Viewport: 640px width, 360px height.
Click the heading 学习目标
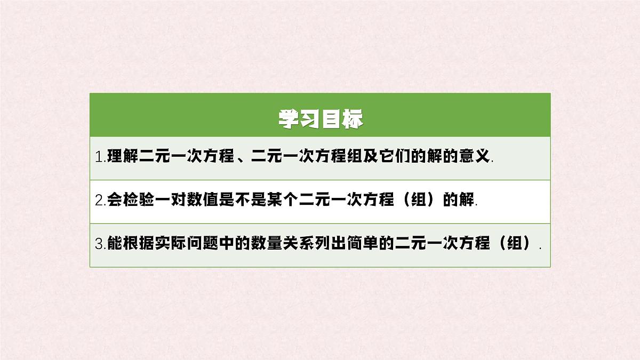click(320, 119)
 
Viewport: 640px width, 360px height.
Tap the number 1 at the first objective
click(98, 158)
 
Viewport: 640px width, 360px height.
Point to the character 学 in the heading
click(289, 119)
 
